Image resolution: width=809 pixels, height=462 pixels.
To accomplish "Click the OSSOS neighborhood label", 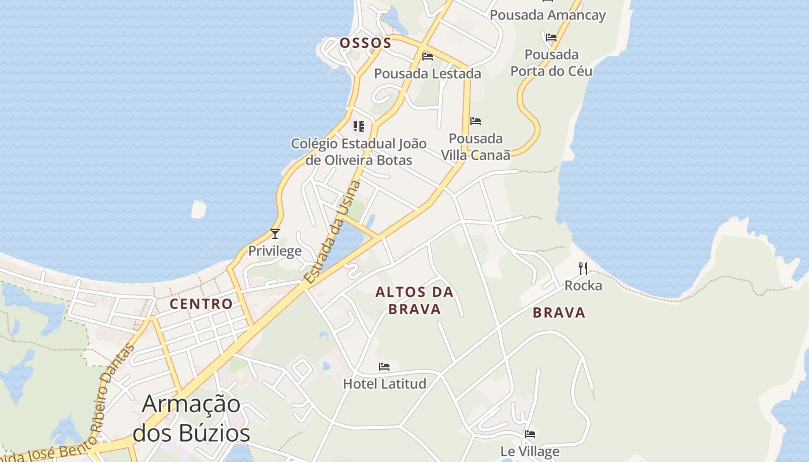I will coord(365,43).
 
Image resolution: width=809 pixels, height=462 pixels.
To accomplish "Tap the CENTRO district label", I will coord(201,304).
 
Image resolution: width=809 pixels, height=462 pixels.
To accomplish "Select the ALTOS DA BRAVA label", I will coord(414,300).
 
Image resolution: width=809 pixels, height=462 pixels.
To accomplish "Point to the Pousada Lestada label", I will coord(428,73).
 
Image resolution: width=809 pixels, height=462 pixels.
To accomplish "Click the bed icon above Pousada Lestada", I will coord(428,57).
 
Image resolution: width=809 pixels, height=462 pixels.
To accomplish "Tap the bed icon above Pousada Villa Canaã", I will coord(476,121).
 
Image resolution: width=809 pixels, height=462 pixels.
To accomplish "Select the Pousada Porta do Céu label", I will coord(551,62).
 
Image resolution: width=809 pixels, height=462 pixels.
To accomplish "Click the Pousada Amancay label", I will coord(547,15).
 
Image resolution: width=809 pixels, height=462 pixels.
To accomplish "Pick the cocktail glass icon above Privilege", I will coord(275,234).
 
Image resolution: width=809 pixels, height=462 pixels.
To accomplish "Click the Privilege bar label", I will coord(275,251).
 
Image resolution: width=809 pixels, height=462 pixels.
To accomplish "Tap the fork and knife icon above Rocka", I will coord(583,269).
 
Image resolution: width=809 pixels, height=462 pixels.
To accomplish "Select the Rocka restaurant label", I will coord(583,285).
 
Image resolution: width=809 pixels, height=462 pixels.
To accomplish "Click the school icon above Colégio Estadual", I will coord(359,126).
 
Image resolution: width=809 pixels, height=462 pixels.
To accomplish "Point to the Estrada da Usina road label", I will coord(332,233).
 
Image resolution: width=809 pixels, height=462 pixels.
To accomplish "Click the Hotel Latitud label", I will coord(385,383).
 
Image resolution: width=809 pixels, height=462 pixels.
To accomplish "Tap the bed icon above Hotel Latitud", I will coord(384,367).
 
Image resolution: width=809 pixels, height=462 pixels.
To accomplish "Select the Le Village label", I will coord(530,451).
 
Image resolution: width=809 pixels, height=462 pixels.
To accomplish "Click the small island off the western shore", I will coord(198,210).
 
